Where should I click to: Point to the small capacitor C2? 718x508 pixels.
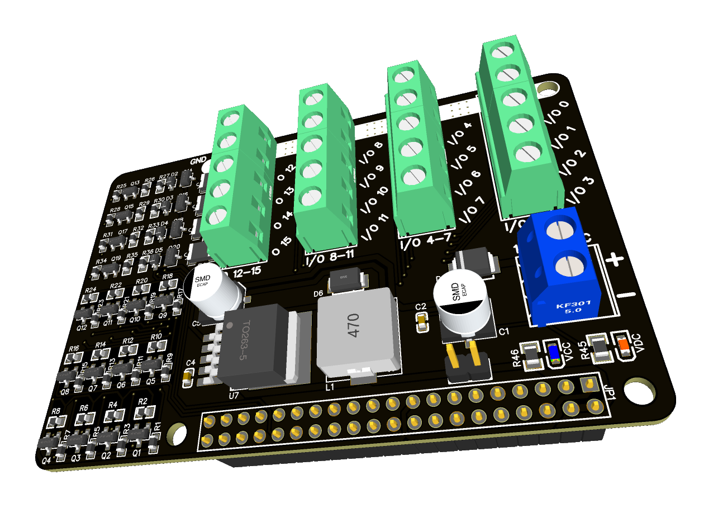[x=422, y=321]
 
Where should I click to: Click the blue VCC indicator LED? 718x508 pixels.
[x=554, y=353]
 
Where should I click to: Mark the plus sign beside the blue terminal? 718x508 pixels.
[x=615, y=259]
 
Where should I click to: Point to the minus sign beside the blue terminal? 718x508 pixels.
[x=629, y=294]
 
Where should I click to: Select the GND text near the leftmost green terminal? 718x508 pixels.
[x=198, y=162]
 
